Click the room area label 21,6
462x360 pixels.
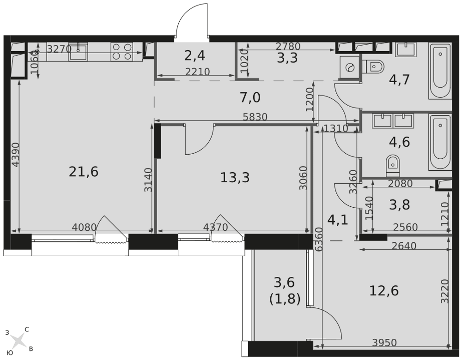coord(83,172)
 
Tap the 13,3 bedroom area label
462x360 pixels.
coord(235,178)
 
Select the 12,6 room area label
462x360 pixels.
coord(383,291)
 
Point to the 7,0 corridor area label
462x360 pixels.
coord(250,97)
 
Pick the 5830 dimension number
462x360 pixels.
coord(255,117)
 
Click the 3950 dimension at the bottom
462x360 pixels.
coord(384,342)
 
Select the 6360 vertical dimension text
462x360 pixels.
coord(319,240)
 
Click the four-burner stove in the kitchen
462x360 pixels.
coord(122,52)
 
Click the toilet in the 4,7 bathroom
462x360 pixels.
coord(373,66)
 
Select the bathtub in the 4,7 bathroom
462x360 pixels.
coord(440,71)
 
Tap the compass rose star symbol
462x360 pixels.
coord(18,341)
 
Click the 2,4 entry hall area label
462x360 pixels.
coord(195,55)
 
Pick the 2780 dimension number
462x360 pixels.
coord(288,46)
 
